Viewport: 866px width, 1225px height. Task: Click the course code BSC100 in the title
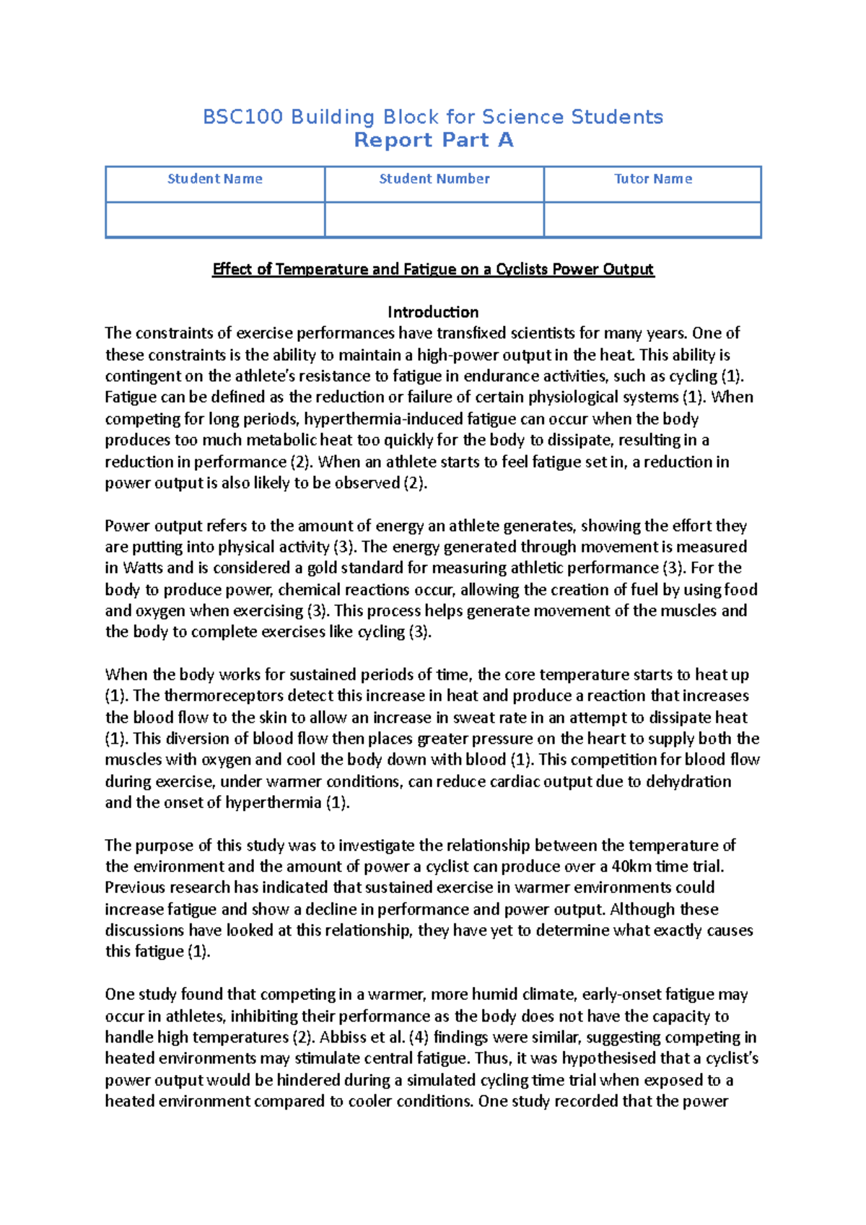242,117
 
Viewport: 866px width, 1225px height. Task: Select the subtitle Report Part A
433,140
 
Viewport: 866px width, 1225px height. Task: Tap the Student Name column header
215,179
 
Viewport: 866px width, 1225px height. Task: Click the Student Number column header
434,179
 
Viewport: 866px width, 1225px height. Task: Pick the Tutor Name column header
653,179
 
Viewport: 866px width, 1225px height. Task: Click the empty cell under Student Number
434,219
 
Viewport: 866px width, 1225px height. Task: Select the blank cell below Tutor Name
653,219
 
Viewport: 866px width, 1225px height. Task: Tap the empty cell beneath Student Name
215,219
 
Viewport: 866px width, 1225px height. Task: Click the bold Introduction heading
433,312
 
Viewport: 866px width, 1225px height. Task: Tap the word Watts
144,568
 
